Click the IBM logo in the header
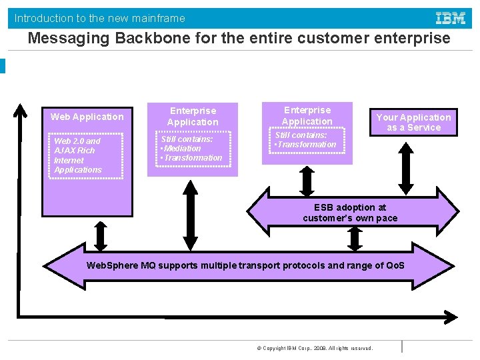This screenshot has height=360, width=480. click(x=451, y=18)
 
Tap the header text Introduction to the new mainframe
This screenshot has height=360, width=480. click(x=100, y=18)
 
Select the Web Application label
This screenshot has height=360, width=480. click(x=87, y=117)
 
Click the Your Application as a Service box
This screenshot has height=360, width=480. click(x=413, y=123)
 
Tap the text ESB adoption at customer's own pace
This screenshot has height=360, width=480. click(x=350, y=213)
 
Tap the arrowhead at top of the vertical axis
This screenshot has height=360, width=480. click(x=22, y=108)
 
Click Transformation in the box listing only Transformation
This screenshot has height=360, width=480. click(x=307, y=145)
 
